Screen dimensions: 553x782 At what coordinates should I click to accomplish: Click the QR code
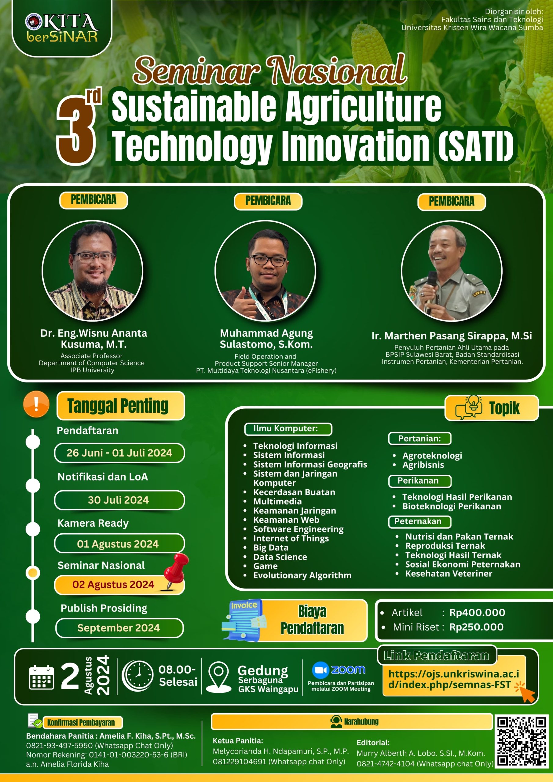tap(522, 741)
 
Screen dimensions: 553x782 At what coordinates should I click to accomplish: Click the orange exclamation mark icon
tap(36, 404)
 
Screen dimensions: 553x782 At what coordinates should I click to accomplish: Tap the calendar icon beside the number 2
tap(42, 677)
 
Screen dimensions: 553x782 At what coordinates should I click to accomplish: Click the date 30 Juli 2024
tap(119, 500)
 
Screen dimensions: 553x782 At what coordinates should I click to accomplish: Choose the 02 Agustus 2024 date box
tap(119, 585)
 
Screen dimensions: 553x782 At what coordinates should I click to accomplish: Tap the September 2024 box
tap(119, 628)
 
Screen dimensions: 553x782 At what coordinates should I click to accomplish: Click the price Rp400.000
tap(477, 612)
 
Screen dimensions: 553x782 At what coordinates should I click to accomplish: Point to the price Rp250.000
tap(476, 627)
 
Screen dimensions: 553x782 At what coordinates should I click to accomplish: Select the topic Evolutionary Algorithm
tap(302, 575)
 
